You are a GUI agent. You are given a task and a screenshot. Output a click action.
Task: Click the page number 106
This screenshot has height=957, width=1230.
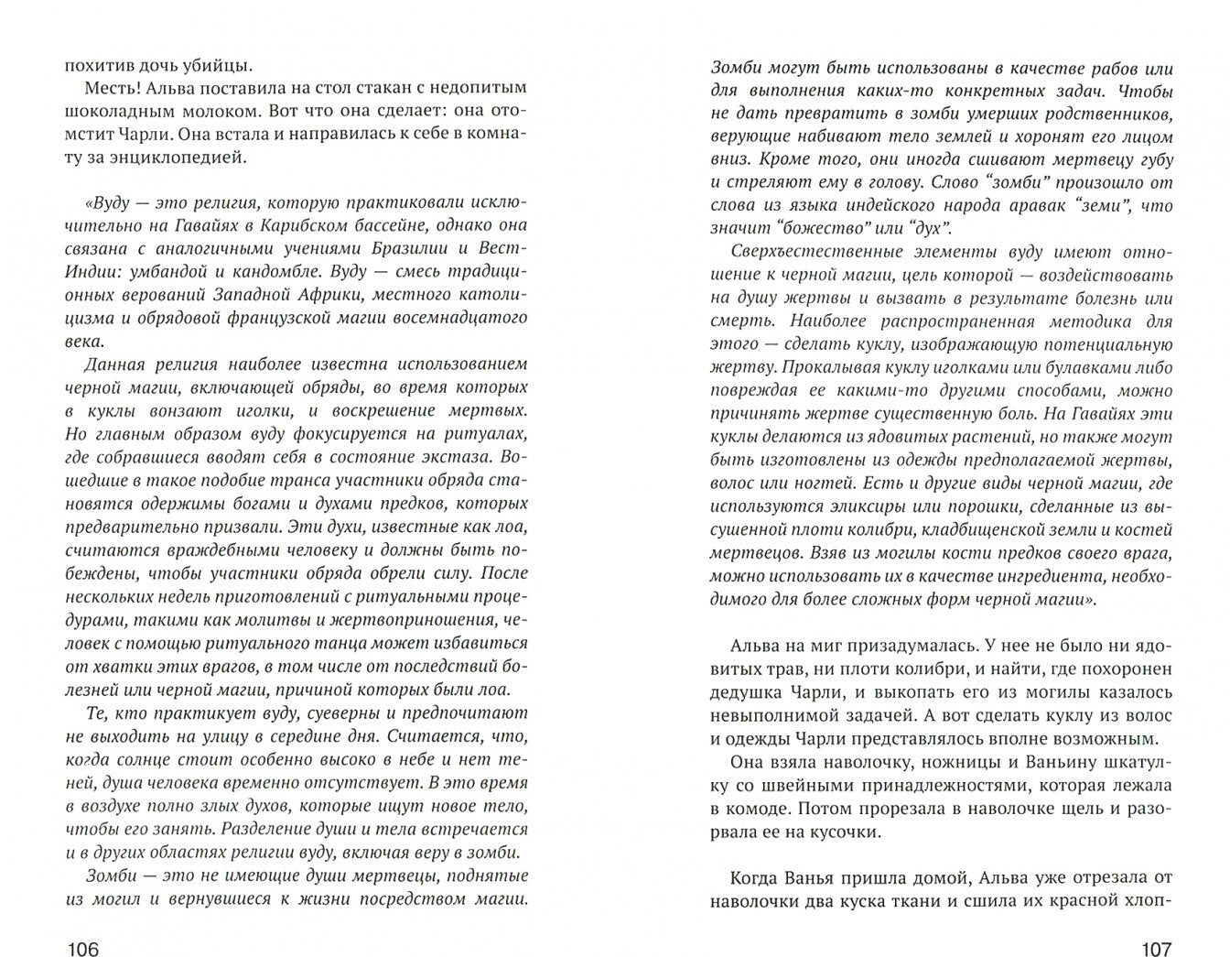[x=81, y=949]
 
